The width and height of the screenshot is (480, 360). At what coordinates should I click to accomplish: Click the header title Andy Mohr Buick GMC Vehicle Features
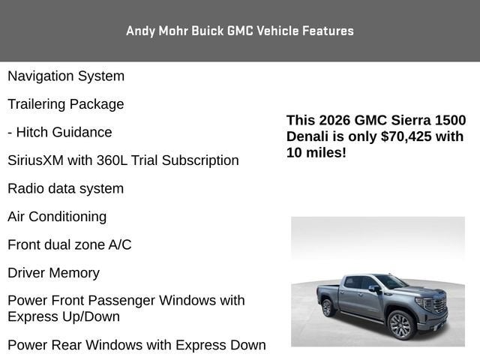pyautogui.click(x=240, y=31)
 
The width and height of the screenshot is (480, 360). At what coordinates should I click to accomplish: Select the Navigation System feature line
pyautogui.click(x=66, y=76)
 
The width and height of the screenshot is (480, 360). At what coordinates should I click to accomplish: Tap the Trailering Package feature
pyautogui.click(x=66, y=104)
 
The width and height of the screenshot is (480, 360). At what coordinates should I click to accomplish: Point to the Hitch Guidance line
pyautogui.click(x=60, y=132)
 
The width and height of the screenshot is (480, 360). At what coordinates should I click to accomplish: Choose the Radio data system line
pyautogui.click(x=66, y=188)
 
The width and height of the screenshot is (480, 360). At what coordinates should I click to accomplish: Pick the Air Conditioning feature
pyautogui.click(x=57, y=217)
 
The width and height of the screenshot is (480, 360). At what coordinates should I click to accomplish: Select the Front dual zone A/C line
pyautogui.click(x=70, y=244)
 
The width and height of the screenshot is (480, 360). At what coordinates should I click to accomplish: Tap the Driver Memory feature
pyautogui.click(x=53, y=273)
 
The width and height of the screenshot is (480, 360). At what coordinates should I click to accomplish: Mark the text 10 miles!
pyautogui.click(x=316, y=153)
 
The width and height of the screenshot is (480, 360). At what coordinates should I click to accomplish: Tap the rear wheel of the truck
pyautogui.click(x=327, y=307)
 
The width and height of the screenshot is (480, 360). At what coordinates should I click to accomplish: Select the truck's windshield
pyautogui.click(x=391, y=281)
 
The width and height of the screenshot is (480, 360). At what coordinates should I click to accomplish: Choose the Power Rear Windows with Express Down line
pyautogui.click(x=136, y=345)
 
